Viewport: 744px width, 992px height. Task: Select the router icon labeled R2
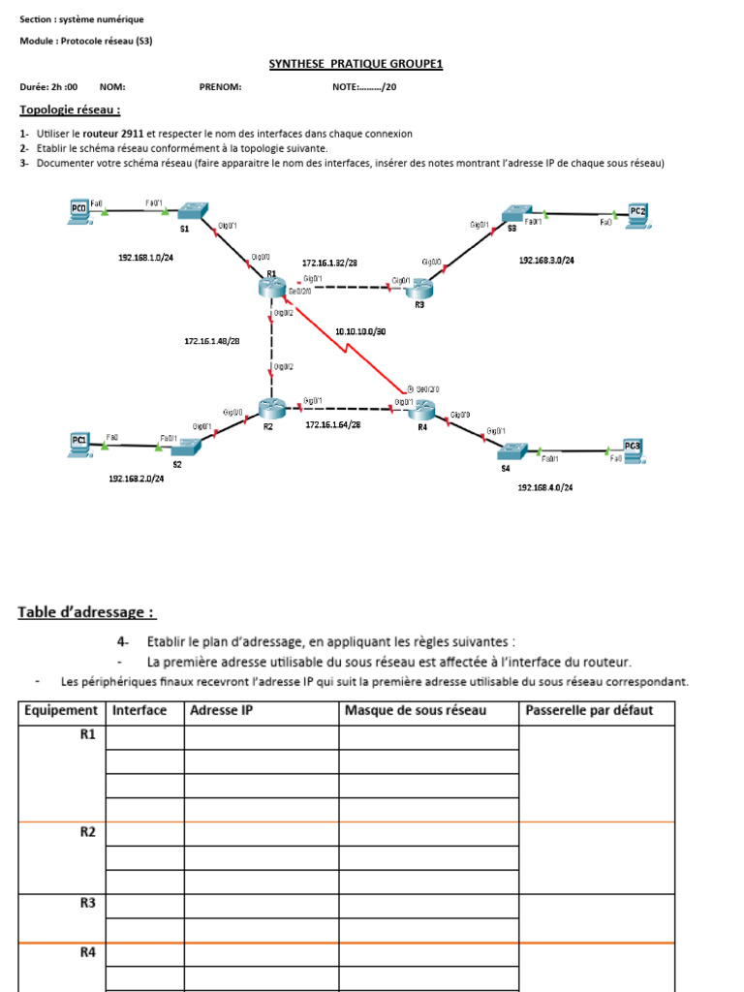tap(270, 409)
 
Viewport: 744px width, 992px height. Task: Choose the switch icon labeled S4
tap(511, 451)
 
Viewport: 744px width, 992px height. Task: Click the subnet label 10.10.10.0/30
tap(361, 331)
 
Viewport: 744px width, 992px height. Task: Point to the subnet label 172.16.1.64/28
tap(333, 424)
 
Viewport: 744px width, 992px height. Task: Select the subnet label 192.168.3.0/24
tap(547, 261)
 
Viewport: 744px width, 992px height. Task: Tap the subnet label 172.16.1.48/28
tap(212, 341)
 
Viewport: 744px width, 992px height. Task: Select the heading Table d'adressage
tap(85, 612)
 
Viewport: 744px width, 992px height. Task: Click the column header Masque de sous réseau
tap(416, 711)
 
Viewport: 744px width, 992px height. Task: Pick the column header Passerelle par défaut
tap(589, 711)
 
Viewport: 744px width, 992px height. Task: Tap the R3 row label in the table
tap(87, 903)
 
